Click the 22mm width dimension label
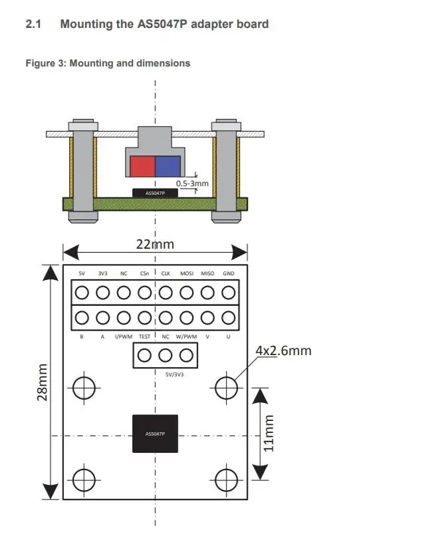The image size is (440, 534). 155,244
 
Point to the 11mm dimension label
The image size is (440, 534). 269,433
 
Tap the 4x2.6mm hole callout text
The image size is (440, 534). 283,350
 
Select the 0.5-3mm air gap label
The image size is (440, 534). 192,183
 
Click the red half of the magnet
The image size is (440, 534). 142,166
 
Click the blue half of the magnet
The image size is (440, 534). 167,166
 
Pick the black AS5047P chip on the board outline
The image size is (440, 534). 155,434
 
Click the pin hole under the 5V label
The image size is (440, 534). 82,293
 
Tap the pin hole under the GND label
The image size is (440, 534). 229,293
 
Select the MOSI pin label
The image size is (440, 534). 187,273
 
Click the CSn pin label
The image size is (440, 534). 144,273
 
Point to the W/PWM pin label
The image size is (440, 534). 187,336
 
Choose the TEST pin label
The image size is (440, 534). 144,336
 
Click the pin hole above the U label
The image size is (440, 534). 229,317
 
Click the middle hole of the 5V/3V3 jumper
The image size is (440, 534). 165,356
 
